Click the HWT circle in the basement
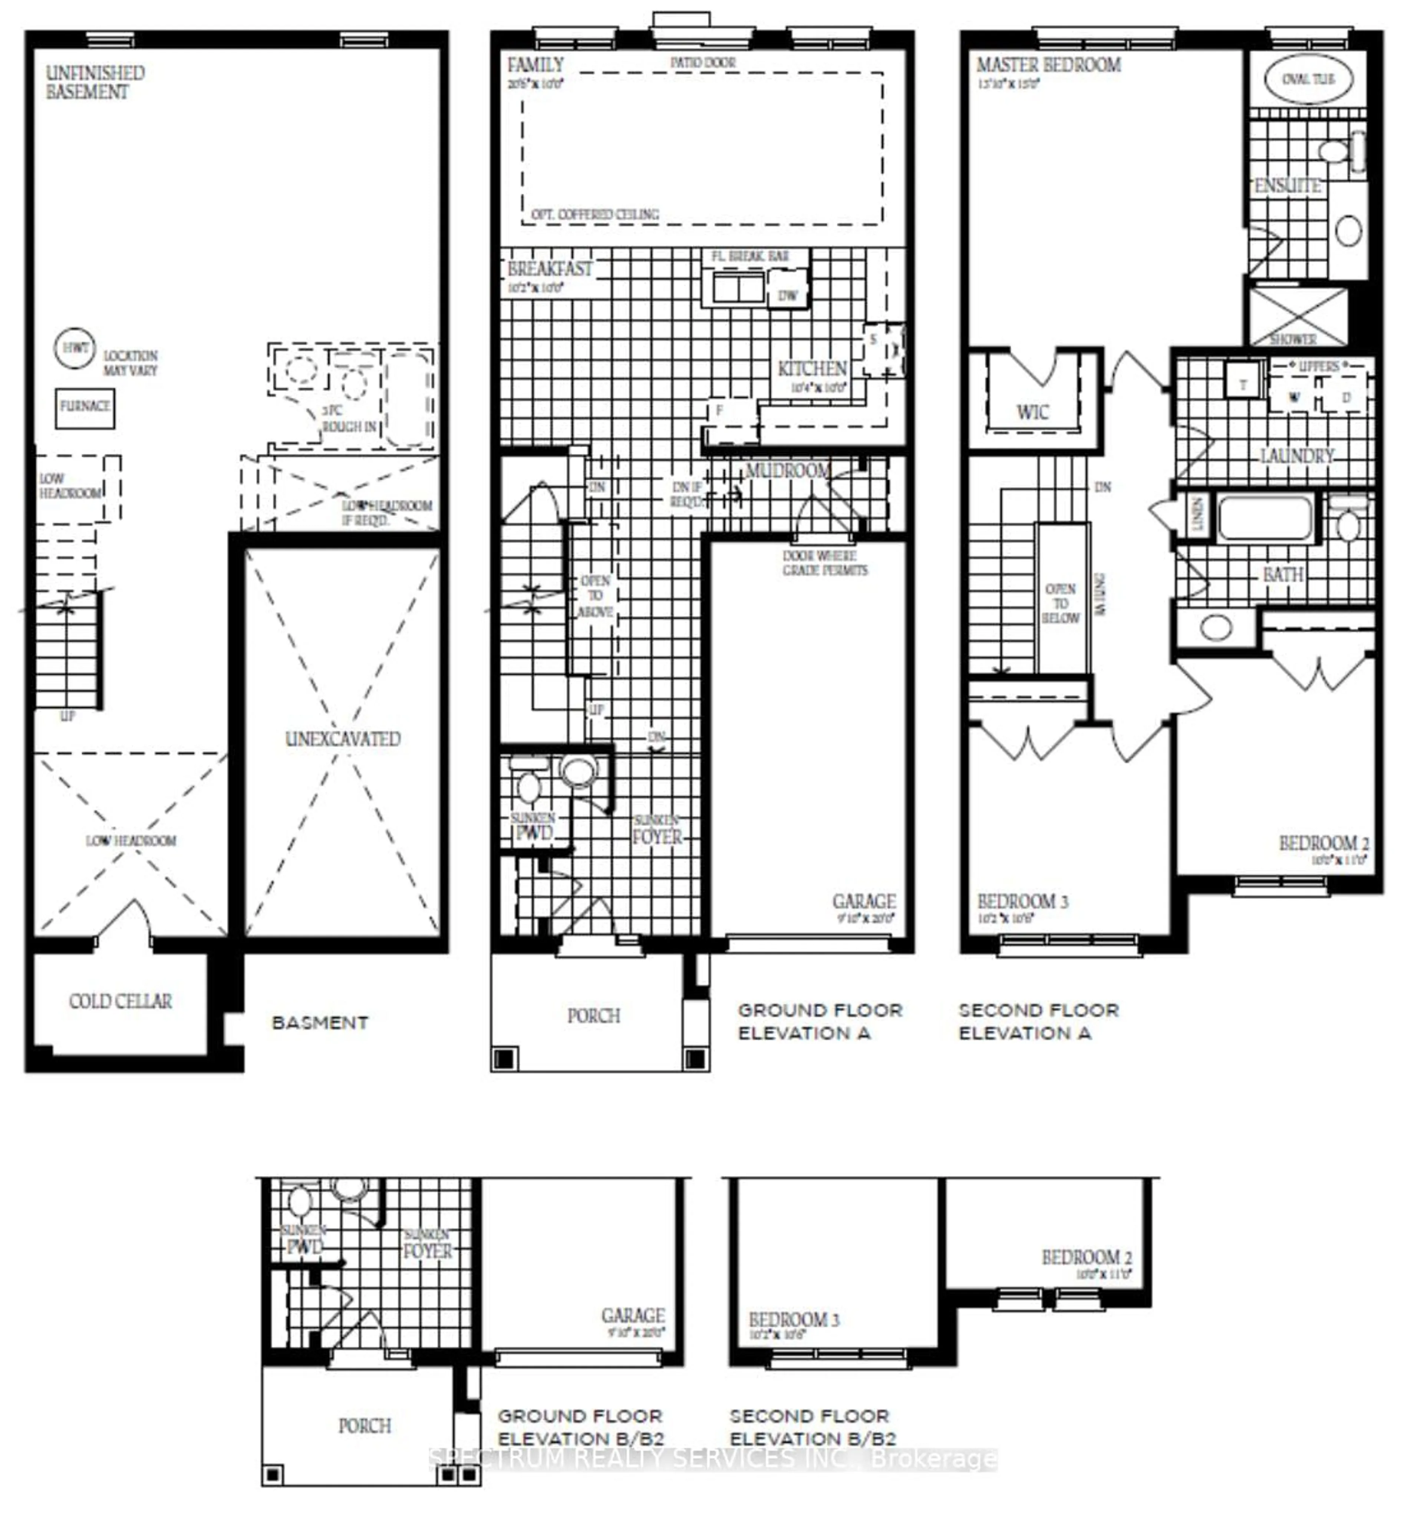pos(75,348)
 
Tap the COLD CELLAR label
pos(120,1001)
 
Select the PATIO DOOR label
pos(703,62)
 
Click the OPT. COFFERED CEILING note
pos(595,214)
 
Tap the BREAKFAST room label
pos(550,269)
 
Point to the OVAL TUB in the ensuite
pos(1308,79)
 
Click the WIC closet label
pos(1032,412)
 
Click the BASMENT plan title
pos(320,1023)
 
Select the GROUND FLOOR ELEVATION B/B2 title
pos(580,1427)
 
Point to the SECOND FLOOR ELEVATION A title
pos(1038,1021)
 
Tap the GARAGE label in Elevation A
pos(864,901)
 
